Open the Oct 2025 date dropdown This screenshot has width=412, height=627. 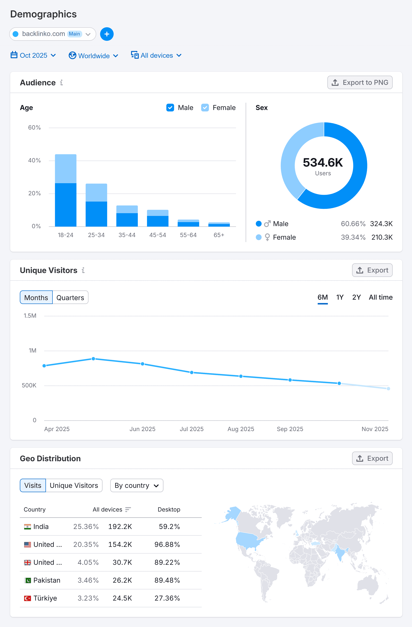[x=33, y=56]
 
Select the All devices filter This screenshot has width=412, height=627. [x=156, y=56]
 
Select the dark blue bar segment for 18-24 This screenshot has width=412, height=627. [x=66, y=205]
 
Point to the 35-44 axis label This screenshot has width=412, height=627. [x=127, y=235]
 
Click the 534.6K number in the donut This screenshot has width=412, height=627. [x=323, y=163]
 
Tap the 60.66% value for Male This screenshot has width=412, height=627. [x=353, y=224]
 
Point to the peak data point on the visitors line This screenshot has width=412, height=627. [x=93, y=359]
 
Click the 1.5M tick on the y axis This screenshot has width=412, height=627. [x=30, y=316]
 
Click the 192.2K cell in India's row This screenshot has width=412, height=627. [x=120, y=527]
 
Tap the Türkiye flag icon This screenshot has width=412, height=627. [x=27, y=598]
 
